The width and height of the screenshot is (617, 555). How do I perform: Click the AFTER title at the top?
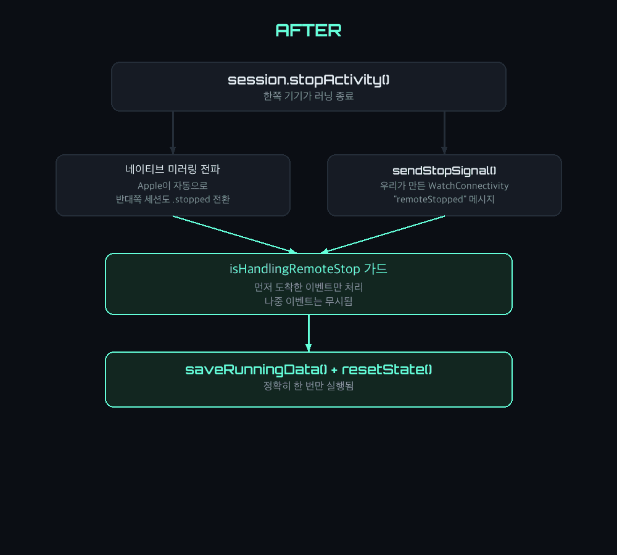pyautogui.click(x=308, y=30)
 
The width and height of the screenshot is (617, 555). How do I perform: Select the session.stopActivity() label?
pyautogui.click(x=308, y=80)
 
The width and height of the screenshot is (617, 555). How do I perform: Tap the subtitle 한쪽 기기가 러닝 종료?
pyautogui.click(x=308, y=96)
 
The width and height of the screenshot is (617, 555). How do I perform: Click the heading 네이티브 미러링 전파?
pyautogui.click(x=173, y=169)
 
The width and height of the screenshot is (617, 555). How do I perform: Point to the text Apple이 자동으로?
pyautogui.click(x=173, y=186)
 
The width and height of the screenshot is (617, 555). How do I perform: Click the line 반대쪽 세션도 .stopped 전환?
pyautogui.click(x=173, y=199)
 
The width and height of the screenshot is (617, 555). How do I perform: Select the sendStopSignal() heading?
pyautogui.click(x=444, y=170)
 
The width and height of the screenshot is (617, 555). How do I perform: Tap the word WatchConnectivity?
pyautogui.click(x=468, y=186)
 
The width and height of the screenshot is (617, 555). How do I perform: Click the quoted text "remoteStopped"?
pyautogui.click(x=430, y=199)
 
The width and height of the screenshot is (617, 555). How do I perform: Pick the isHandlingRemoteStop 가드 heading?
pyautogui.click(x=308, y=269)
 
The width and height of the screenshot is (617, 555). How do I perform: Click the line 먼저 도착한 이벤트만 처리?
pyautogui.click(x=308, y=287)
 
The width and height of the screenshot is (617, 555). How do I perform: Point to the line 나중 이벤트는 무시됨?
pyautogui.click(x=308, y=302)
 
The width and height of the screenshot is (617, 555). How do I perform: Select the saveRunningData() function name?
pyautogui.click(x=256, y=370)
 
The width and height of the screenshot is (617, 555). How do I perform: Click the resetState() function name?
pyautogui.click(x=387, y=370)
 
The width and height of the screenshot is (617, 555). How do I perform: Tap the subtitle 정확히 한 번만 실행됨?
pyautogui.click(x=308, y=386)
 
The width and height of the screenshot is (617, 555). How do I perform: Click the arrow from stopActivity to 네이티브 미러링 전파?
pyautogui.click(x=173, y=133)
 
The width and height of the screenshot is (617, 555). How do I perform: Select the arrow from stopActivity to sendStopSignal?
pyautogui.click(x=444, y=133)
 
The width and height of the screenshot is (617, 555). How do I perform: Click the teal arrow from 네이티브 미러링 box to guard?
pyautogui.click(x=234, y=234)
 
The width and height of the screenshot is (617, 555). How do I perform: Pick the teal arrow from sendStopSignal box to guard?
pyautogui.click(x=383, y=234)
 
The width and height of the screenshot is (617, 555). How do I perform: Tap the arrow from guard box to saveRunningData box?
pyautogui.click(x=308, y=333)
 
